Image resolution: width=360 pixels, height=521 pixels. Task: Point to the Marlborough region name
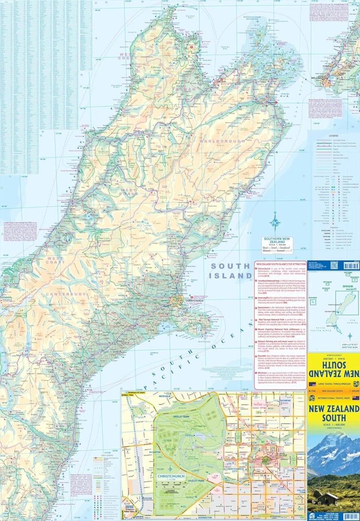click(222, 141)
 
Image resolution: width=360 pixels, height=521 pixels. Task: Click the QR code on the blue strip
click(334, 265)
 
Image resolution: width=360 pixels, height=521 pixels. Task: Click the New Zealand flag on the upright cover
click(355, 398)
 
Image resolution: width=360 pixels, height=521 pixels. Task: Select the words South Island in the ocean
click(231, 271)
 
